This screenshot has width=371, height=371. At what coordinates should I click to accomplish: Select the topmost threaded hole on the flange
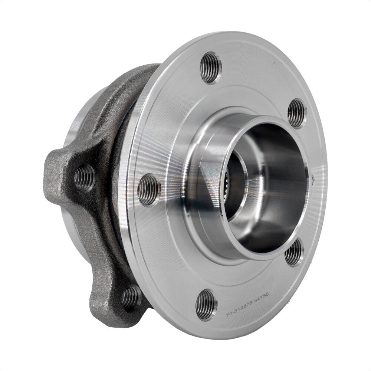(x=210, y=67)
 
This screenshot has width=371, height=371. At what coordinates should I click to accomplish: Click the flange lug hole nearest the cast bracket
(x=149, y=190)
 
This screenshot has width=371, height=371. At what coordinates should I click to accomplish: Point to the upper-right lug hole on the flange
(x=297, y=113)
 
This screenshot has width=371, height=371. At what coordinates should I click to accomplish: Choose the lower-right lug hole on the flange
(x=294, y=253)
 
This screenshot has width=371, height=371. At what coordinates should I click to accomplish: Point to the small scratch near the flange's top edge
(x=273, y=64)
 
